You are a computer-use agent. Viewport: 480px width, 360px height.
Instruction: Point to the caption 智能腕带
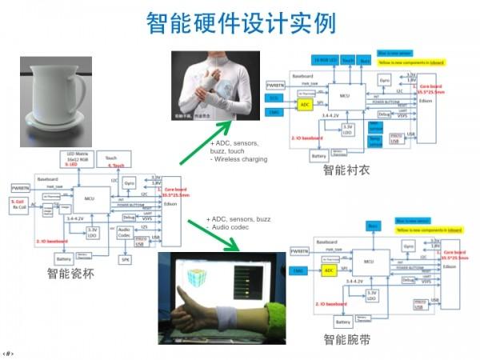point(347,340)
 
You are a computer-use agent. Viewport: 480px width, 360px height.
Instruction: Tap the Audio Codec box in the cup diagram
point(124,233)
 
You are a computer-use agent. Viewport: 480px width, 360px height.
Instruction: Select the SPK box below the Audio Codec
point(125,259)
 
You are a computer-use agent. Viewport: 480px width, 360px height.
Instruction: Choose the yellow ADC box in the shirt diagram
point(304,104)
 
